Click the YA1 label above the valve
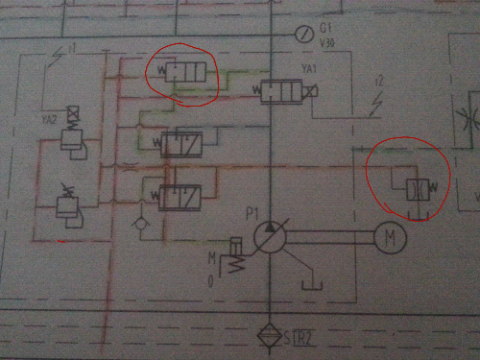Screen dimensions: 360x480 click(x=310, y=68)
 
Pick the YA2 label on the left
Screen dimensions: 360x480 click(x=47, y=117)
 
